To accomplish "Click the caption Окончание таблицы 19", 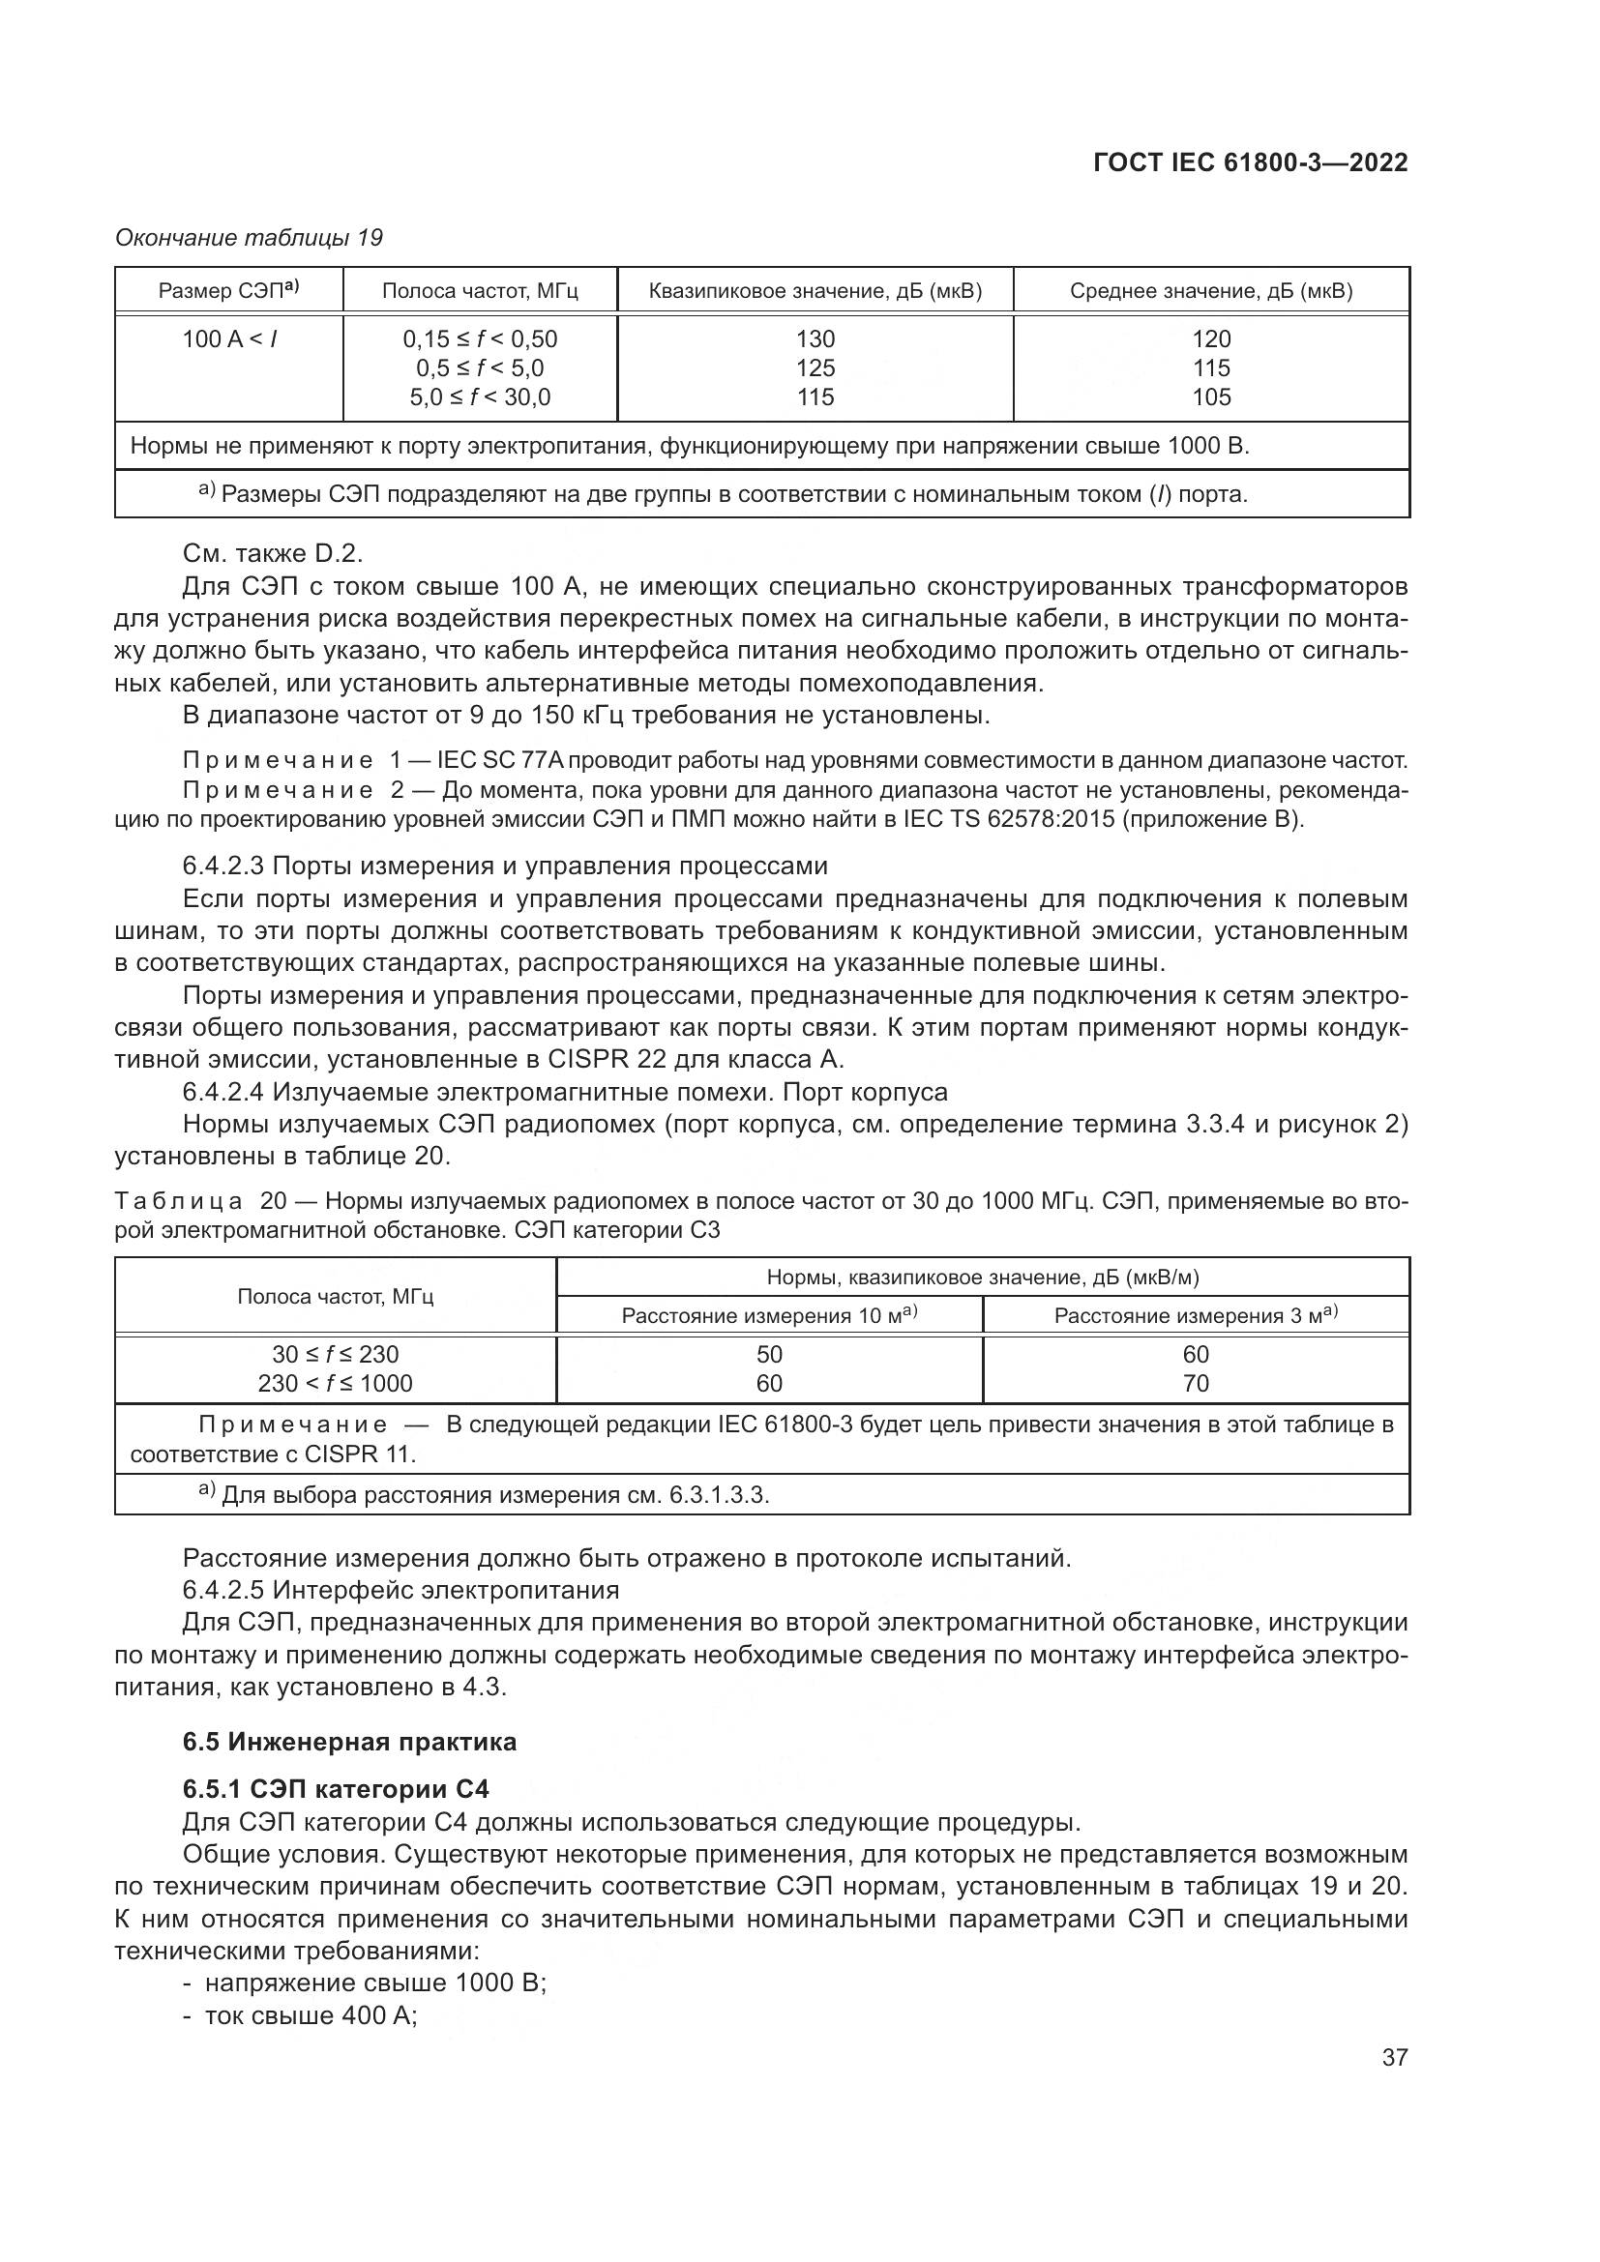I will (249, 238).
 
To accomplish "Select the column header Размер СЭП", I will (228, 291).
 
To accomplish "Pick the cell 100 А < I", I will (228, 338).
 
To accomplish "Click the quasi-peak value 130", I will (815, 338).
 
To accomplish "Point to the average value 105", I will (1211, 397).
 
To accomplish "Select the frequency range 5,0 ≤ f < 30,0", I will (480, 397).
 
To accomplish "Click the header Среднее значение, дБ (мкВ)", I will (1211, 291).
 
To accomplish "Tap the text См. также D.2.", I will (273, 554).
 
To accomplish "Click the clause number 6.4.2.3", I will (223, 866).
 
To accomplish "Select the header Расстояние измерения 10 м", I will (768, 1315).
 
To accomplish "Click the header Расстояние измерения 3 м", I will (1195, 1315).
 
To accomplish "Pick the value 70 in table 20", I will (1195, 1383).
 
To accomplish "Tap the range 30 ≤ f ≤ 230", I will (335, 1354).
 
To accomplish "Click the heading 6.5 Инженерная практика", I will (349, 1742).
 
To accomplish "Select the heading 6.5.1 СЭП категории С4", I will (335, 1789).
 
